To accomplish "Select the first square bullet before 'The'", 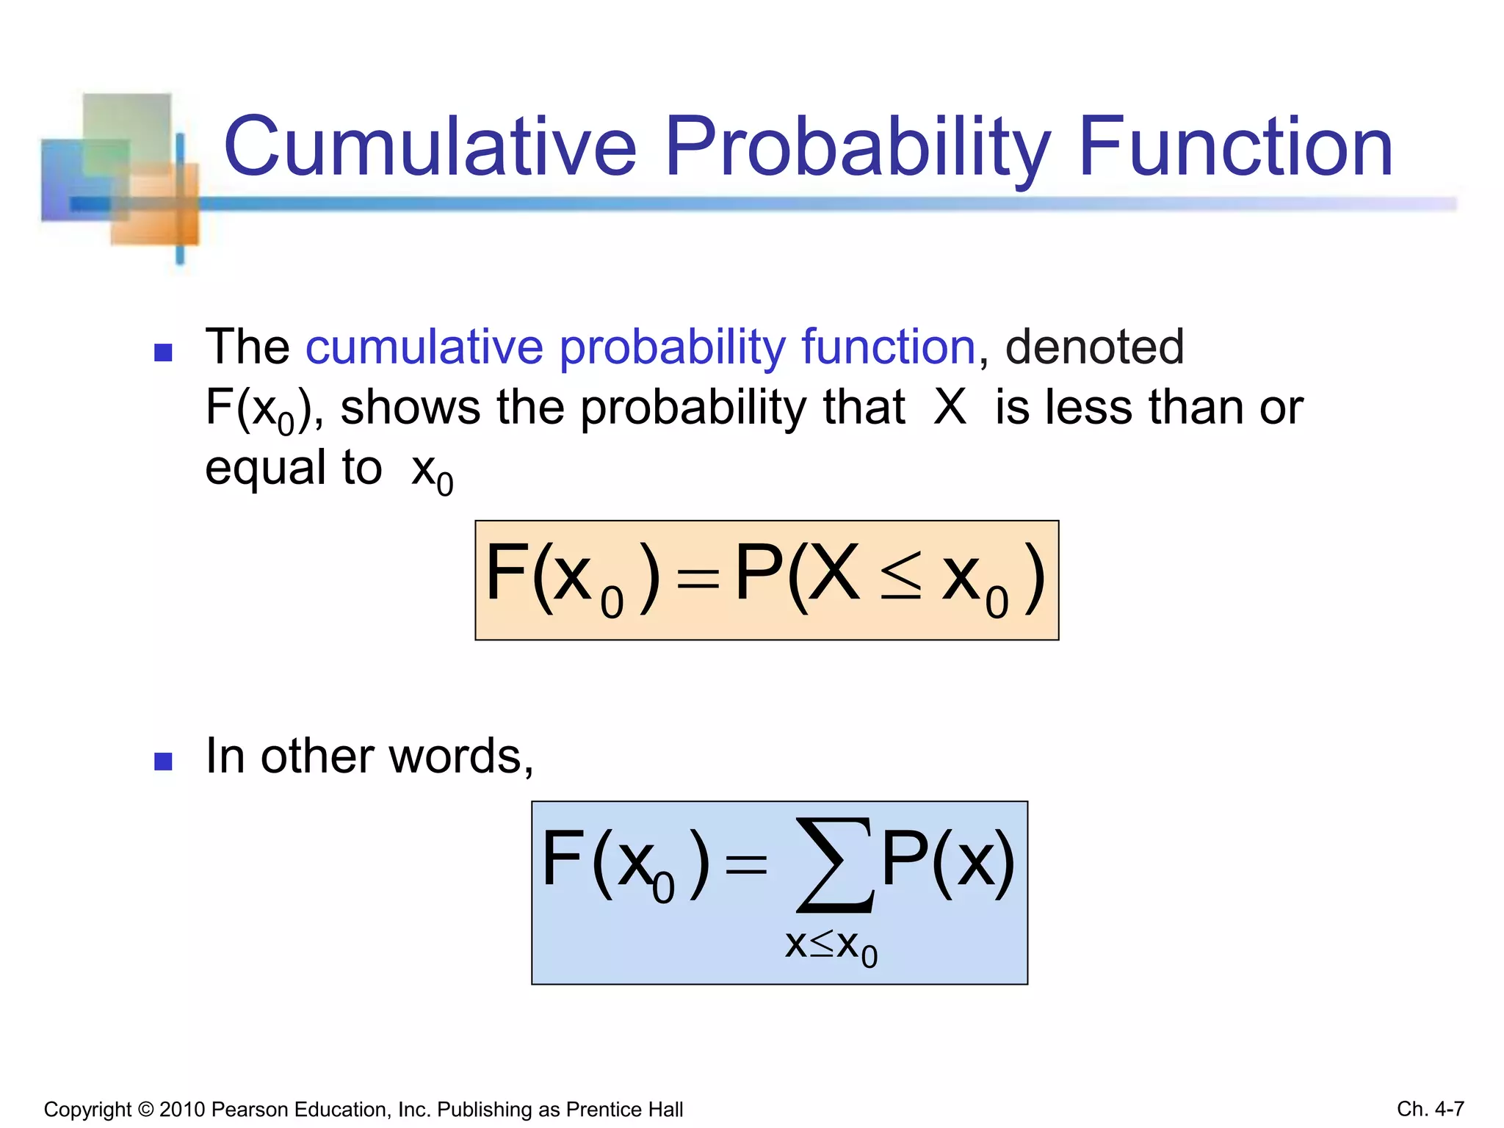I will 163,352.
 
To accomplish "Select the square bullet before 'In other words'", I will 163,762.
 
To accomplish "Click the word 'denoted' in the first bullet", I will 1094,347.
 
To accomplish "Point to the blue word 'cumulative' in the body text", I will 424,347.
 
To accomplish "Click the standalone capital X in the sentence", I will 950,407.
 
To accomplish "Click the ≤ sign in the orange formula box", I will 900,577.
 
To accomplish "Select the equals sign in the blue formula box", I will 745,865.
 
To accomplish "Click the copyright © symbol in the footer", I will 145,1109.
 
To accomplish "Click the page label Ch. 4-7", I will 1430,1108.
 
